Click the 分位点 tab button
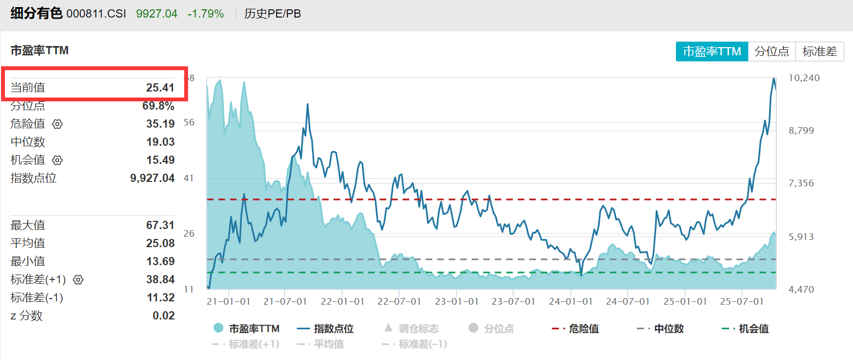click(x=772, y=52)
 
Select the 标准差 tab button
click(x=820, y=52)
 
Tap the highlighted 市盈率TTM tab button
click(x=712, y=52)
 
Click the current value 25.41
click(x=160, y=88)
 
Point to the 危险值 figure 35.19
click(x=160, y=124)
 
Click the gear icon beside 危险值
click(x=58, y=124)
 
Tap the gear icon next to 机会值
click(x=58, y=160)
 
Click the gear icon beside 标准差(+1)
click(x=78, y=279)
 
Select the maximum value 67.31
click(x=160, y=225)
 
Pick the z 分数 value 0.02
click(x=163, y=316)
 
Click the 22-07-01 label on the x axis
click(x=399, y=302)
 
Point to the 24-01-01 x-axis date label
click(x=572, y=302)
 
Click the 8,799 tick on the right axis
click(x=804, y=130)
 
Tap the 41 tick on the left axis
click(x=189, y=178)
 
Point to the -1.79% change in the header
click(x=206, y=14)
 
